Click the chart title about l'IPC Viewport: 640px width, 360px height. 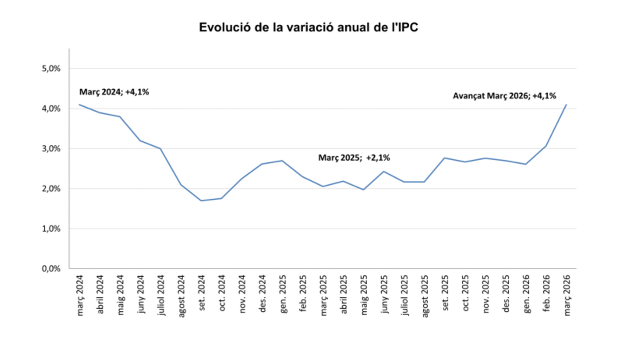pyautogui.click(x=308, y=27)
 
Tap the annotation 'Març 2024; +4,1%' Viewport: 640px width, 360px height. pyautogui.click(x=114, y=92)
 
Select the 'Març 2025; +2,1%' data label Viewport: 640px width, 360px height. pyautogui.click(x=354, y=158)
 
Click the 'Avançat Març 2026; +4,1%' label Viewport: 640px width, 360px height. pyautogui.click(x=504, y=96)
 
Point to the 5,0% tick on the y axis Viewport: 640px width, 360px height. pyautogui.click(x=51, y=68)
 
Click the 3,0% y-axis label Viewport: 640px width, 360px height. pyautogui.click(x=51, y=148)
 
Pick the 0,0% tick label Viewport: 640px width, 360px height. pyautogui.click(x=51, y=268)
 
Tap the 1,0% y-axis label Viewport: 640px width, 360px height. pyautogui.click(x=51, y=228)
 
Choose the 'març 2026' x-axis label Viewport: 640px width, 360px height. pyautogui.click(x=567, y=295)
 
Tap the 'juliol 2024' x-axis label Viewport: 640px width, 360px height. pyautogui.click(x=161, y=295)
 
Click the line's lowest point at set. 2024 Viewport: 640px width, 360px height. pyautogui.click(x=201, y=200)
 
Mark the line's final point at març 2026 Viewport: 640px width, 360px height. pyautogui.click(x=566, y=105)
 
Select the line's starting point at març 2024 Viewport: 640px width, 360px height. pyautogui.click(x=79, y=105)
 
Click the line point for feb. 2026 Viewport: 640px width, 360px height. pyautogui.click(x=546, y=146)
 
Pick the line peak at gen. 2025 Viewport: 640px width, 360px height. pyautogui.click(x=282, y=161)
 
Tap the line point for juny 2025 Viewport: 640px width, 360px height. pyautogui.click(x=384, y=172)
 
